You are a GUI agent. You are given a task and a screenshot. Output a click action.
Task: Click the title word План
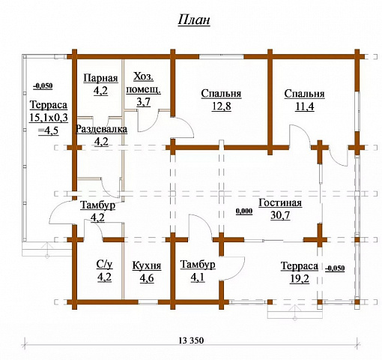pyautogui.click(x=194, y=20)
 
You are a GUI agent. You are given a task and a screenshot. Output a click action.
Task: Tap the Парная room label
pyautogui.click(x=100, y=78)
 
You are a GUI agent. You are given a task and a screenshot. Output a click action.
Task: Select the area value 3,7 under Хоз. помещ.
pyautogui.click(x=144, y=102)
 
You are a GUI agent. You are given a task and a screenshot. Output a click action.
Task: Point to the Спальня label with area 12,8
pyautogui.click(x=221, y=94)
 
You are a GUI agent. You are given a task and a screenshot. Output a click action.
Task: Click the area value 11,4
pyautogui.click(x=304, y=106)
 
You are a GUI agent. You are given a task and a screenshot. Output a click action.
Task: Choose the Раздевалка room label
pyautogui.click(x=101, y=129)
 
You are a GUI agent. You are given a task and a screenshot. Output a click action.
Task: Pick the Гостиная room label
pyautogui.click(x=280, y=202)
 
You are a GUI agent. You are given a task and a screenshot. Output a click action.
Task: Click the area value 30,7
pyautogui.click(x=280, y=215)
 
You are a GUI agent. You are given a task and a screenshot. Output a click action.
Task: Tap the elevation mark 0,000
pyautogui.click(x=244, y=211)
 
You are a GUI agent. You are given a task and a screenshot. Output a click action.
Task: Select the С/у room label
pyautogui.click(x=104, y=265)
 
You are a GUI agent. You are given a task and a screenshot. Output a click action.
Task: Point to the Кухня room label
pyautogui.click(x=147, y=265)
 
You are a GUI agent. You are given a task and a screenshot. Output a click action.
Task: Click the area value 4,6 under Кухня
pyautogui.click(x=147, y=278)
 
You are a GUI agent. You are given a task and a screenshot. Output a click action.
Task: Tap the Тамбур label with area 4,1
pyautogui.click(x=198, y=265)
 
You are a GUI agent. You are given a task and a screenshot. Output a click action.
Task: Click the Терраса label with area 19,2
pyautogui.click(x=300, y=266)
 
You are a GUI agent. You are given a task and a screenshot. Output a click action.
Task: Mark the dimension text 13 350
pyautogui.click(x=191, y=340)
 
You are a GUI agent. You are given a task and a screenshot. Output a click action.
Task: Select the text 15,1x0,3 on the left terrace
pyautogui.click(x=49, y=118)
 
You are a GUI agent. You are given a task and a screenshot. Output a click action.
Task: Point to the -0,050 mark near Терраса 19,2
pyautogui.click(x=335, y=268)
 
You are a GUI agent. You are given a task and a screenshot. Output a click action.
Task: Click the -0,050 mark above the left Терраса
pyautogui.click(x=43, y=86)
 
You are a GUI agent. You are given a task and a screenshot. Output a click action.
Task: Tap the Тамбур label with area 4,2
pyautogui.click(x=97, y=205)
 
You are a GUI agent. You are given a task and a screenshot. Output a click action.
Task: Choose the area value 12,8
pyautogui.click(x=222, y=106)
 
